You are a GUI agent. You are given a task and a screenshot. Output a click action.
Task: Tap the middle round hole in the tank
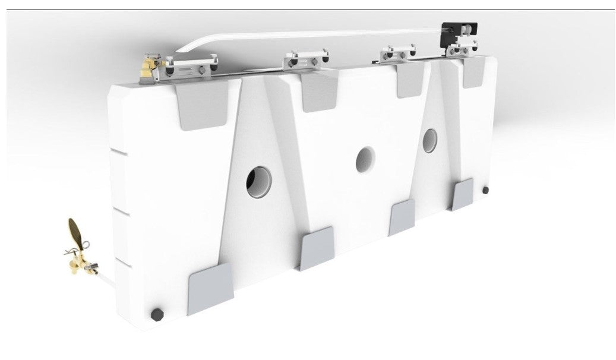[x=365, y=159]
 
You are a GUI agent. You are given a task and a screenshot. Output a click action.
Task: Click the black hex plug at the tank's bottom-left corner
[x=158, y=312]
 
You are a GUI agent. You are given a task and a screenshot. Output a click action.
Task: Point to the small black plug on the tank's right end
[x=486, y=190]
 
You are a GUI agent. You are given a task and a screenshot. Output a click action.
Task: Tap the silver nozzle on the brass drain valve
[x=92, y=270]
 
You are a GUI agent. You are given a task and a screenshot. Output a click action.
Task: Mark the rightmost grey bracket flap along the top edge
[x=472, y=73]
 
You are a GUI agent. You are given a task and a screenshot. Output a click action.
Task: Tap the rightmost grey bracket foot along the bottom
[x=462, y=195]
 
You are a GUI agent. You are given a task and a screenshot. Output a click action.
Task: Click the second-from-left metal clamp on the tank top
[x=307, y=59]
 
